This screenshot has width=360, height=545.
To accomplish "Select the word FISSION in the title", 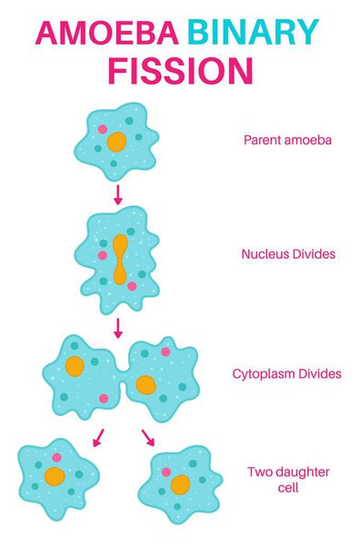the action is pyautogui.click(x=177, y=71).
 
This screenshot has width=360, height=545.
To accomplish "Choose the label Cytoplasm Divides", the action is pyautogui.click(x=287, y=373).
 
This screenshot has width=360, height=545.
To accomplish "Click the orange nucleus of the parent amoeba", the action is pyautogui.click(x=116, y=142).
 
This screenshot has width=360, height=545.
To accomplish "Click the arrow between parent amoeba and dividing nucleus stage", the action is pyautogui.click(x=117, y=193).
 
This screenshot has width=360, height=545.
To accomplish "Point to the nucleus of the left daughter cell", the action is pyautogui.click(x=55, y=477).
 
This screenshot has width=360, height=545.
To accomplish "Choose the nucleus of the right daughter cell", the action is pyautogui.click(x=180, y=484).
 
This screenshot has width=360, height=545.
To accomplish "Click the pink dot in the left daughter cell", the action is pyautogui.click(x=57, y=458).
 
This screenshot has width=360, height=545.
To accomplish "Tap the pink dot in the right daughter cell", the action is pyautogui.click(x=166, y=472).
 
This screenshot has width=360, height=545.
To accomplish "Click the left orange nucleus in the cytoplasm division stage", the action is pyautogui.click(x=75, y=366).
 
